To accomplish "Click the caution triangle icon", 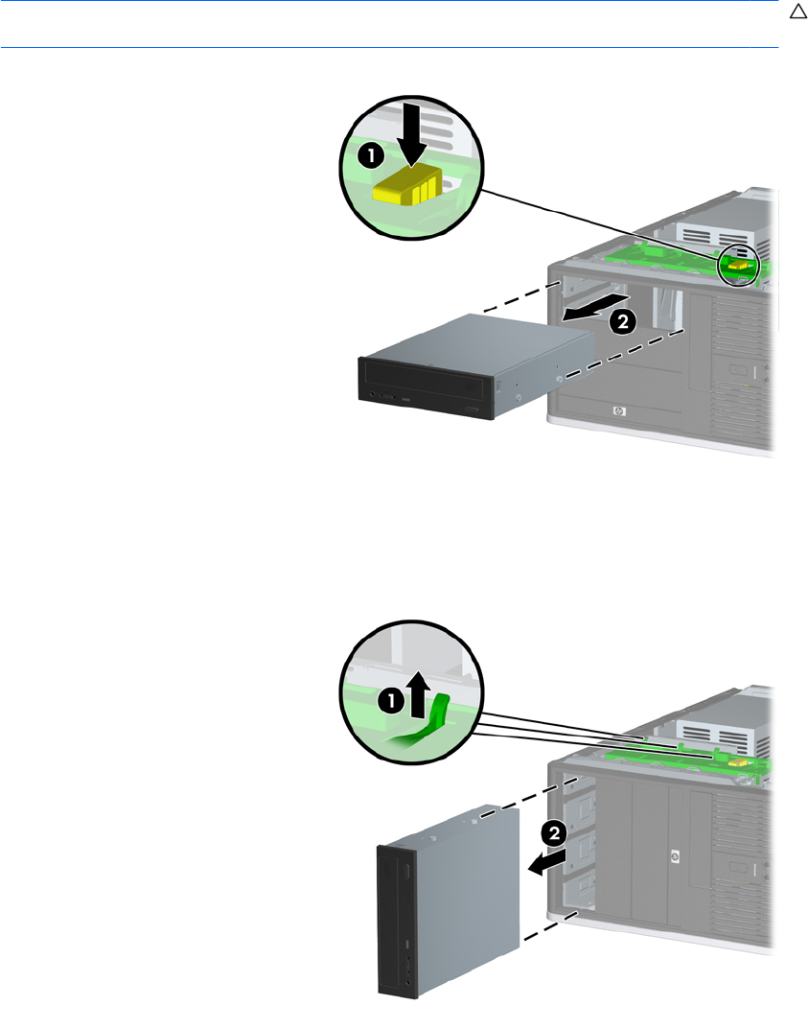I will pos(795,12).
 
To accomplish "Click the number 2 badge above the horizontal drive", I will pos(621,323).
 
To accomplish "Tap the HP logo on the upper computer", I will pos(616,413).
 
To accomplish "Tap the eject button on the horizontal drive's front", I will pos(476,411).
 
